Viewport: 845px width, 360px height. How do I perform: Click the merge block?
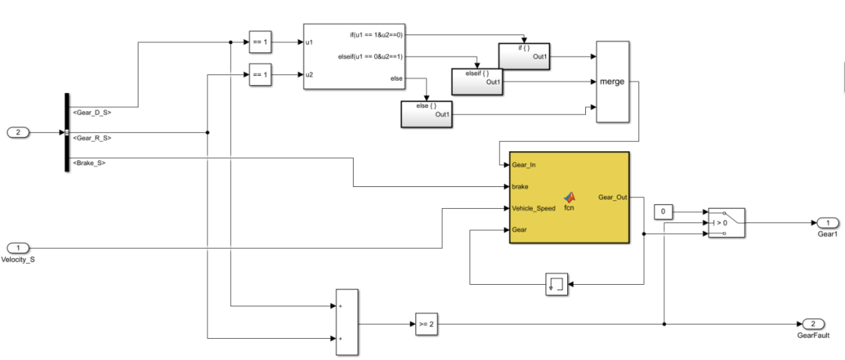(612, 81)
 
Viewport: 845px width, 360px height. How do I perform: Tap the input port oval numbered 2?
(19, 132)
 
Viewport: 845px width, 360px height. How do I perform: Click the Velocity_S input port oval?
(19, 248)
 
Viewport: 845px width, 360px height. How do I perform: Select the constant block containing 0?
(663, 212)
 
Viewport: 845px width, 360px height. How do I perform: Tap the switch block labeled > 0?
(725, 222)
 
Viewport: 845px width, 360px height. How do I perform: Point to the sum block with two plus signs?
(347, 322)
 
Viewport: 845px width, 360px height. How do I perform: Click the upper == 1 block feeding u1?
(259, 41)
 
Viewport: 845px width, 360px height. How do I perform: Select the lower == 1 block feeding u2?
(259, 75)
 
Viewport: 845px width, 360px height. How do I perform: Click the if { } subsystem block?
(523, 56)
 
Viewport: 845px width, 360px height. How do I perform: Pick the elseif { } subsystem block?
(476, 81)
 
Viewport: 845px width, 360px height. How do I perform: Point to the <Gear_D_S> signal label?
(91, 113)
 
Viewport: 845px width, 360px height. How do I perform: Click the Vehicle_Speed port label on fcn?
(534, 209)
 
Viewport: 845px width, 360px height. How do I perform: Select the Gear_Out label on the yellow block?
(612, 197)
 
